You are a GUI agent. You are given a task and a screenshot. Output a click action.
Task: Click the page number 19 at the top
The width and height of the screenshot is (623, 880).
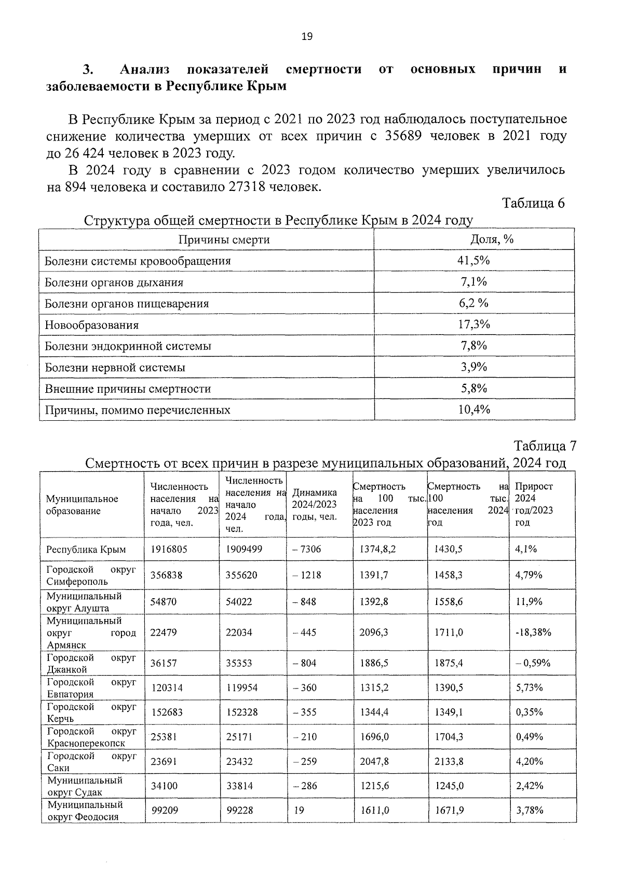[x=307, y=36]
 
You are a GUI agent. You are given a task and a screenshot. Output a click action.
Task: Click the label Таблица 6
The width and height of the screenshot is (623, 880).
[x=533, y=203]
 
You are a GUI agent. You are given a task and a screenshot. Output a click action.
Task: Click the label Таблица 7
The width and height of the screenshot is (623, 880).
[x=545, y=446]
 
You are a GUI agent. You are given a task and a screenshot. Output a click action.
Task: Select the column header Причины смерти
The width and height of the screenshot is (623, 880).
[x=224, y=240]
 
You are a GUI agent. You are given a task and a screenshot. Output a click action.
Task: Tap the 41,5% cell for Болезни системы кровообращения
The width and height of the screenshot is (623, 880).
[x=473, y=260]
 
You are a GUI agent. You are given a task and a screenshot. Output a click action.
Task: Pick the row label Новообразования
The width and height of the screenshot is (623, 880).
[x=92, y=325]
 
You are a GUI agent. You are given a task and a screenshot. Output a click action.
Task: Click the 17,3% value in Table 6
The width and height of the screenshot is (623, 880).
[x=473, y=325]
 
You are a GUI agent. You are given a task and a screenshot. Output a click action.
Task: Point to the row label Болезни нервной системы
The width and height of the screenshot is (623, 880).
[x=115, y=368]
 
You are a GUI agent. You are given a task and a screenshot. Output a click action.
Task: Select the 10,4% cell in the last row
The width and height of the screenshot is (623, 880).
[x=473, y=410]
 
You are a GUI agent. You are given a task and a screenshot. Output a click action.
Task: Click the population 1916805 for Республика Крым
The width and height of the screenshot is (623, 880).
[x=169, y=549]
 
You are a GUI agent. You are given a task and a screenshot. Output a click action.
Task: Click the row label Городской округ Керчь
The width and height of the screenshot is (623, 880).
[x=91, y=712]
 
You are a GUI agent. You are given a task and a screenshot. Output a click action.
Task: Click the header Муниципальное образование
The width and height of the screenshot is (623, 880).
[x=82, y=505]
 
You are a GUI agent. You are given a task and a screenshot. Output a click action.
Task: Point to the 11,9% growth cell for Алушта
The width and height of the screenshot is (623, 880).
[x=529, y=602]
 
